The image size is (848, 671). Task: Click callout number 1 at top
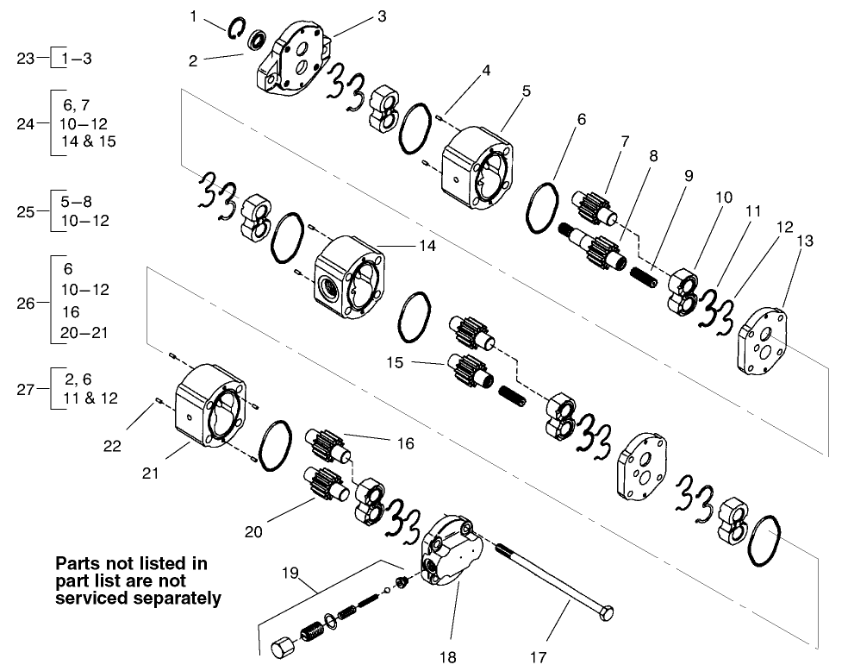[x=195, y=16]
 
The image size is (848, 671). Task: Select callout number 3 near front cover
[x=357, y=16]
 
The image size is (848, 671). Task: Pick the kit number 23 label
[x=26, y=59]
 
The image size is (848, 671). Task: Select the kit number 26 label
[x=26, y=303]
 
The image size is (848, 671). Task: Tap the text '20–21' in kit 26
[x=86, y=332]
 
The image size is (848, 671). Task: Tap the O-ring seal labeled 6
[x=543, y=207]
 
